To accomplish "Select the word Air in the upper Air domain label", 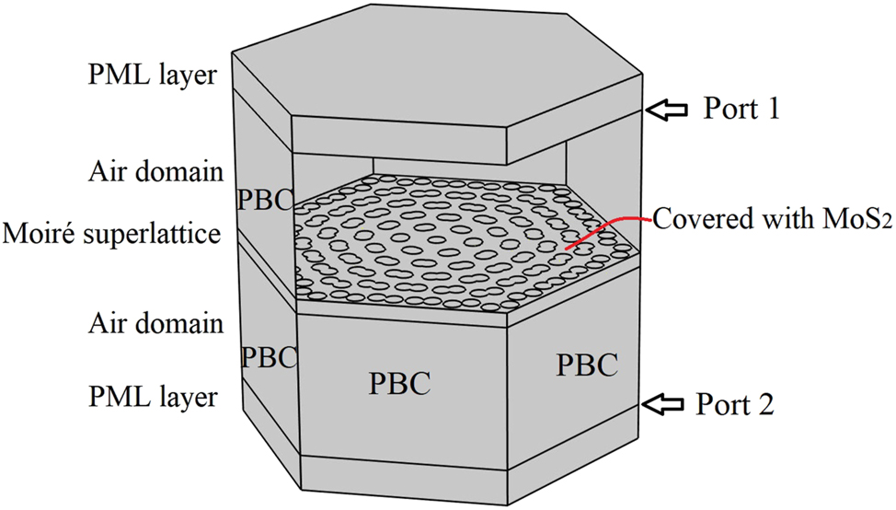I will pyautogui.click(x=109, y=171).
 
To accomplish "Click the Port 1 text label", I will pyautogui.click(x=741, y=109).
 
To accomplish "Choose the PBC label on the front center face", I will pyautogui.click(x=400, y=382).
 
